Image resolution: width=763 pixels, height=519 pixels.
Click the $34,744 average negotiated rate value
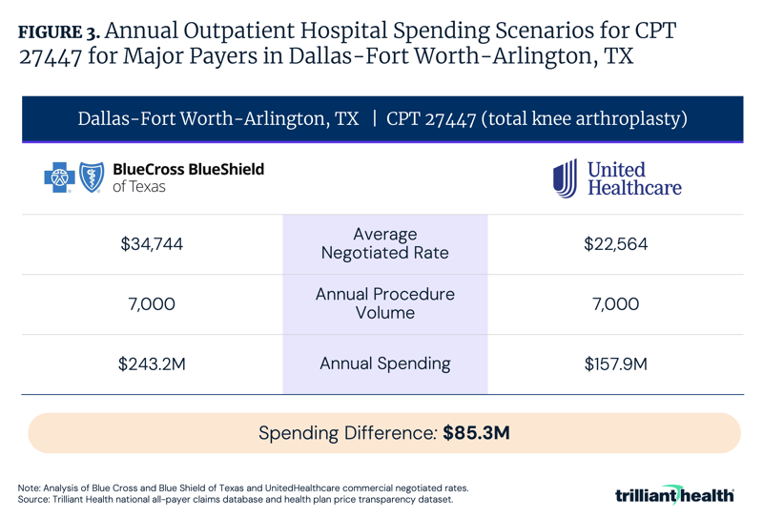click(152, 244)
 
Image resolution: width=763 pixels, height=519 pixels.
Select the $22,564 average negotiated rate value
click(615, 244)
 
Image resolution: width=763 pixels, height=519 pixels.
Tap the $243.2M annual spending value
click(152, 363)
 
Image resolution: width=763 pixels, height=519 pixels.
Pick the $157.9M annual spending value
click(615, 363)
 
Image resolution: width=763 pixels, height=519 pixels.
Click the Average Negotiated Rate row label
click(384, 244)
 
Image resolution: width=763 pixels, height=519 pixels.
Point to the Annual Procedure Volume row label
click(384, 303)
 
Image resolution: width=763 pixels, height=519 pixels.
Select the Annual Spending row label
click(384, 363)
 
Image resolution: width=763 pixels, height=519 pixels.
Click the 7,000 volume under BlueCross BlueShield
click(152, 304)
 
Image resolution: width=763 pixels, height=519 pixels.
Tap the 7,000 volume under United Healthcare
click(615, 304)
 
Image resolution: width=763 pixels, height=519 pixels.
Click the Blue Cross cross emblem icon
click(59, 177)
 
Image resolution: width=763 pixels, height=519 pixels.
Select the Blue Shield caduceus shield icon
click(91, 177)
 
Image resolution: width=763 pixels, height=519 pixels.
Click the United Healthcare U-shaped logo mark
click(565, 178)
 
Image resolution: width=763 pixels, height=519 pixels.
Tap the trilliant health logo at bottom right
click(674, 495)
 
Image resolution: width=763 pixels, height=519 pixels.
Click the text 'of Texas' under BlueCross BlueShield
click(139, 187)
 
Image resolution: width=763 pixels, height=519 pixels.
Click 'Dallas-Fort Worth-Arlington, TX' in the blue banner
click(218, 119)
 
